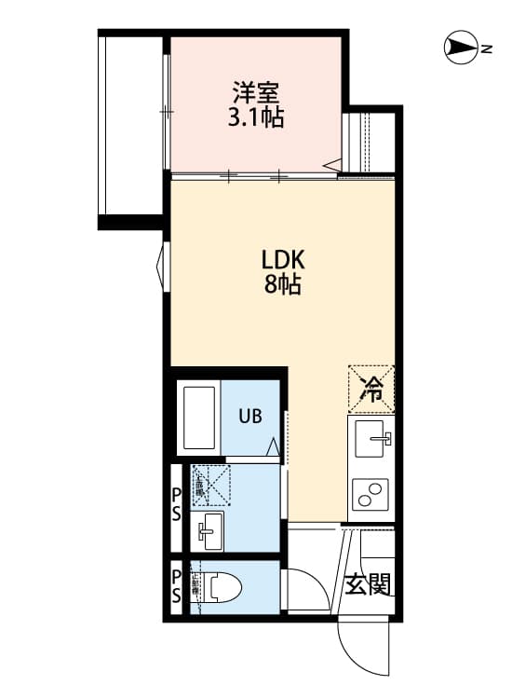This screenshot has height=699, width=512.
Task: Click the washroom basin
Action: (x=208, y=531)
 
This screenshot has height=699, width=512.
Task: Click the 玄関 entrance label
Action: (x=368, y=584)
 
